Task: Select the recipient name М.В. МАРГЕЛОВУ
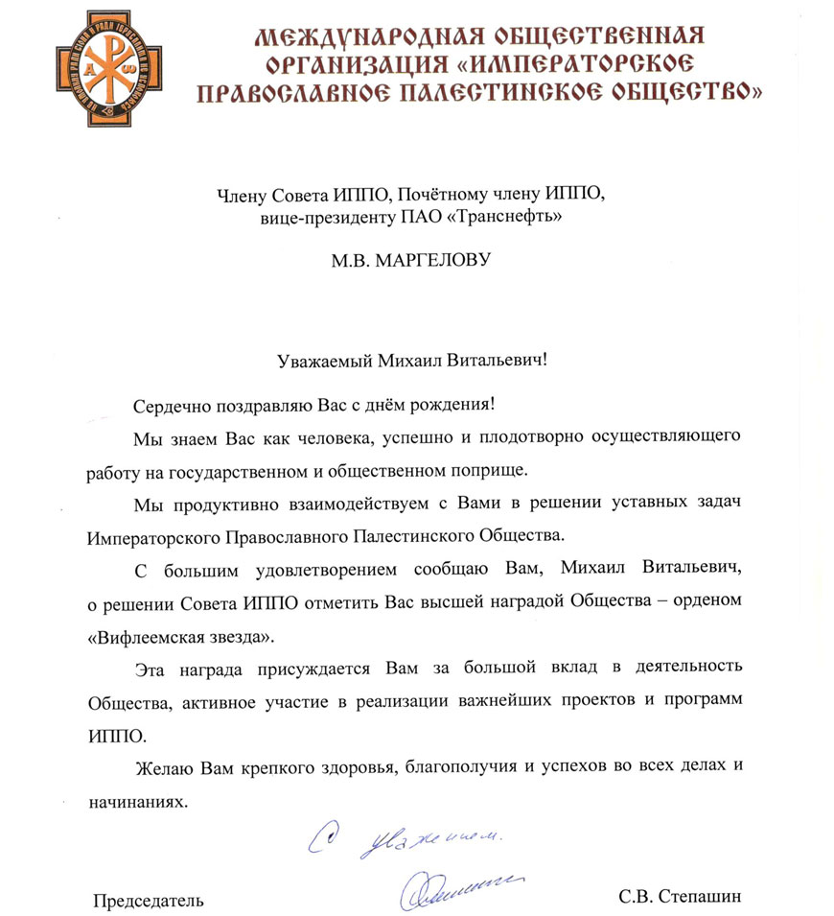407,259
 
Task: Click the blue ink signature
458,884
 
